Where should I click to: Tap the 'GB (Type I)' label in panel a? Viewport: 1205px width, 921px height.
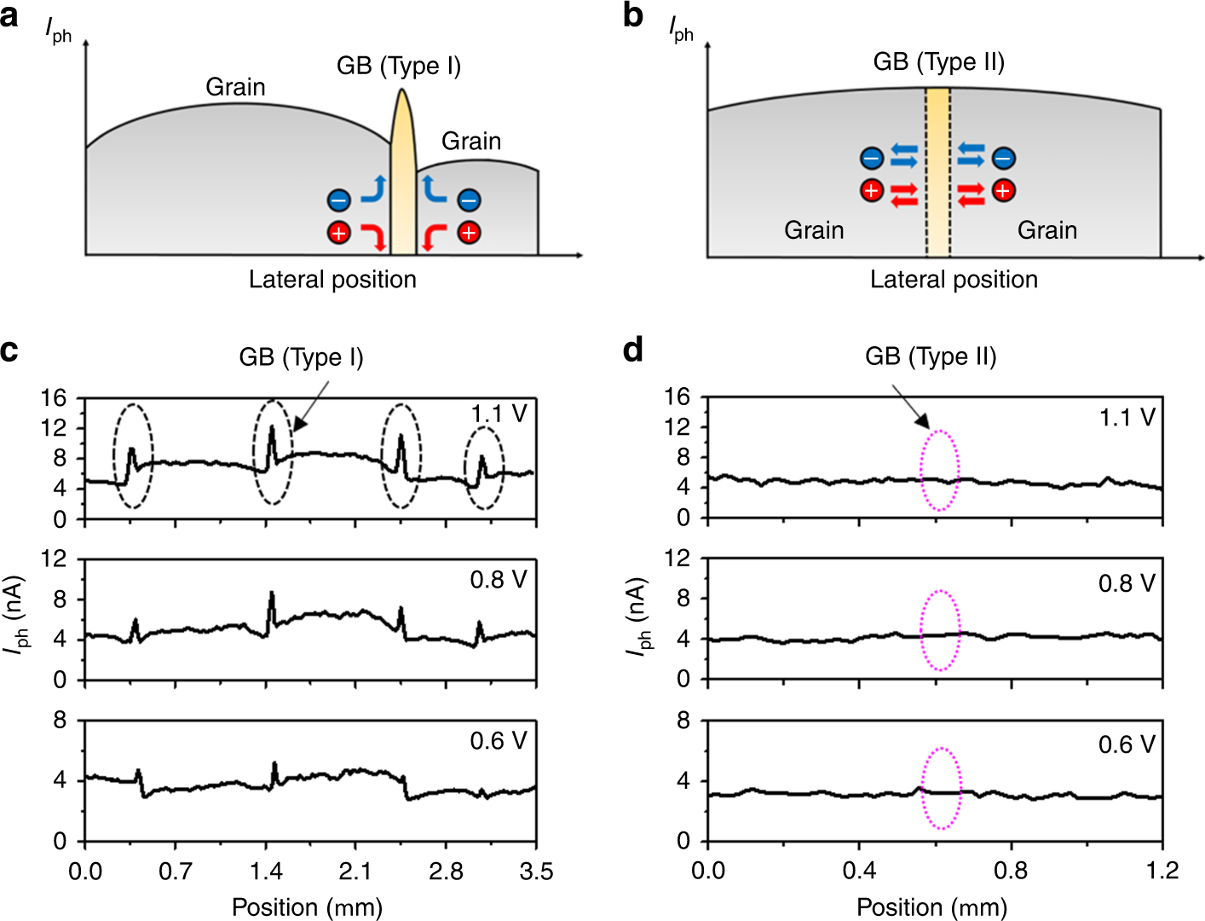click(x=399, y=66)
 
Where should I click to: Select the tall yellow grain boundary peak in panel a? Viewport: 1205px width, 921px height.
click(x=403, y=171)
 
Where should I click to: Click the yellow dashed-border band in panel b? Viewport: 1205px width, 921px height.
click(x=937, y=171)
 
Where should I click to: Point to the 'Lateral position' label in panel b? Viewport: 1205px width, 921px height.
click(x=954, y=280)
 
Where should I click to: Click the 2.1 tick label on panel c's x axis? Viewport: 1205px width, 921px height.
click(x=355, y=872)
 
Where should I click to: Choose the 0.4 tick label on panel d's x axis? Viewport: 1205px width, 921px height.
click(x=859, y=871)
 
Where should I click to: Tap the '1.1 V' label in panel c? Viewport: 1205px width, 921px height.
click(x=499, y=414)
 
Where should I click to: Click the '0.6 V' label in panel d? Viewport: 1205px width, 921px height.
click(x=1127, y=744)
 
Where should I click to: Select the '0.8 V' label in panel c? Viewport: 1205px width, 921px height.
click(x=499, y=580)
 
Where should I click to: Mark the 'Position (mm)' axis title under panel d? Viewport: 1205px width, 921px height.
click(x=931, y=907)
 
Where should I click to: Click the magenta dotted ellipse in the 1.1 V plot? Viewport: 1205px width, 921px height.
click(x=940, y=471)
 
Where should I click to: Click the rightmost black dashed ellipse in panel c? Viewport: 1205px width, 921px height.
click(x=484, y=468)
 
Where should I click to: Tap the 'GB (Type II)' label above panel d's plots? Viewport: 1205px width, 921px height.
click(x=931, y=356)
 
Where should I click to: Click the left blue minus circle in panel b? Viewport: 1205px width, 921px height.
click(x=872, y=159)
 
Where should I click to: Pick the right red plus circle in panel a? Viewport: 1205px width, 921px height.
click(x=469, y=232)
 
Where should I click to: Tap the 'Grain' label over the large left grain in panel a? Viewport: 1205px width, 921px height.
click(x=235, y=87)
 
